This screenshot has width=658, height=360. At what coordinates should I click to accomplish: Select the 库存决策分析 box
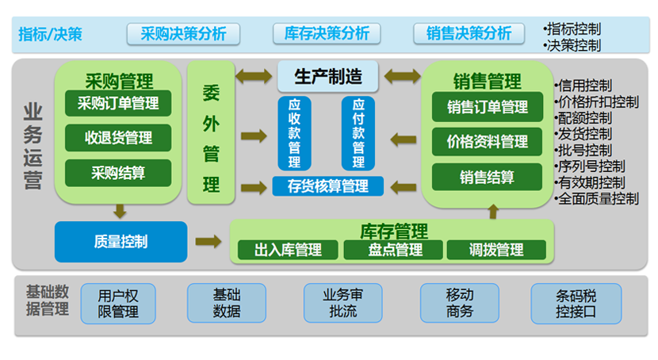click(x=326, y=33)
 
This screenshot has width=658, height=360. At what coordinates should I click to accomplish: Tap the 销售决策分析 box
click(x=469, y=33)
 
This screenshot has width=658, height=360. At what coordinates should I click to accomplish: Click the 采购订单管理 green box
click(x=118, y=103)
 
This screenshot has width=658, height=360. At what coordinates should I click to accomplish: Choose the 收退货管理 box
click(x=118, y=138)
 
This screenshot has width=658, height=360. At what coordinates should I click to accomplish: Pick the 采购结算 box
click(x=118, y=172)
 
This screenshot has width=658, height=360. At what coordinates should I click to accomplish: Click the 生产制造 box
click(x=328, y=76)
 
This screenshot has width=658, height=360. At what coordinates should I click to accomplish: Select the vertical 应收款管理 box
click(x=294, y=132)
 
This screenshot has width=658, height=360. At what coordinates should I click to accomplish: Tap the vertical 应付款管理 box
click(x=358, y=132)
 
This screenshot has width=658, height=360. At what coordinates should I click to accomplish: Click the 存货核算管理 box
click(x=328, y=186)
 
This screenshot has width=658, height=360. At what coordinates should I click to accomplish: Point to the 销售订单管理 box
click(x=487, y=107)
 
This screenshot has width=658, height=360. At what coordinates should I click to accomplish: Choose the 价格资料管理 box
click(x=487, y=142)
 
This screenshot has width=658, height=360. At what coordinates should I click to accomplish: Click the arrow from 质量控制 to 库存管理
click(x=208, y=240)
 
